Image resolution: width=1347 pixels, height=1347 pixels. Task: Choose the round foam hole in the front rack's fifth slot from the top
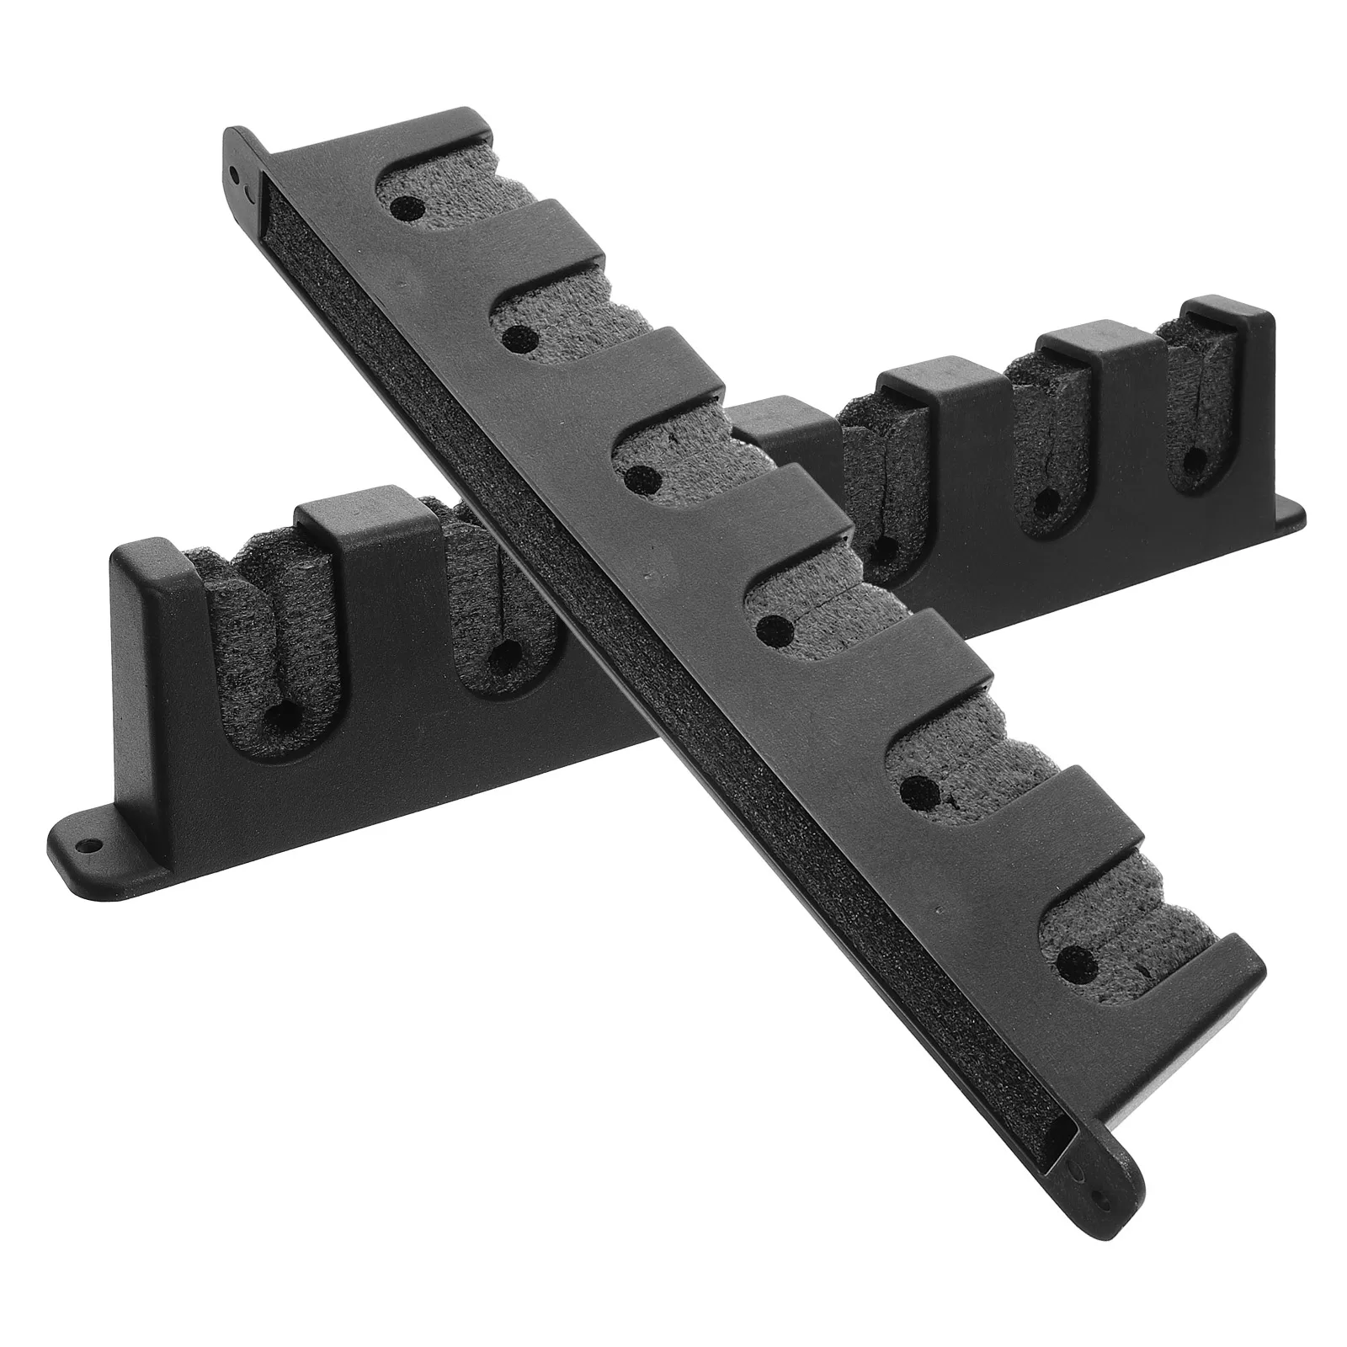point(914,790)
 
